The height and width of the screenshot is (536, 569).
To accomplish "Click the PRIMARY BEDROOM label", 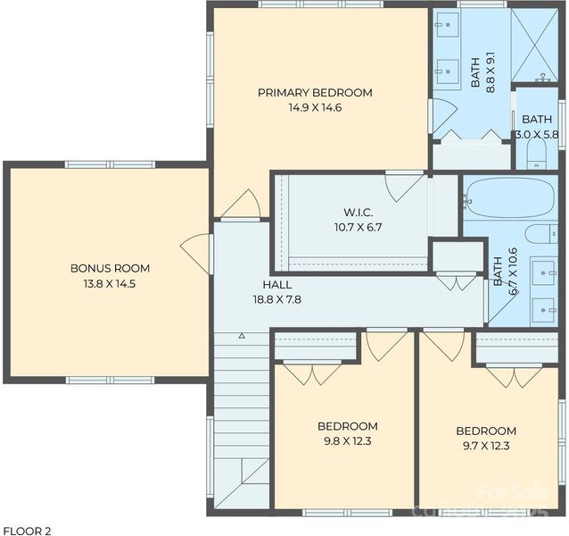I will (x=315, y=92).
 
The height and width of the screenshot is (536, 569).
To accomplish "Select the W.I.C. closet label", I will (x=358, y=212).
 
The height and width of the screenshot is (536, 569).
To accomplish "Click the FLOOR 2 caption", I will (x=27, y=530).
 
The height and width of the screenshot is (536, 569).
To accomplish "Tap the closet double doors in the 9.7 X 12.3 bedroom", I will (x=515, y=375).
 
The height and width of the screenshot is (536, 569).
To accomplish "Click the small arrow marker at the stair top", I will (x=241, y=336).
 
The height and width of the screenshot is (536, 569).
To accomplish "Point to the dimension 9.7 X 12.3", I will (x=485, y=444).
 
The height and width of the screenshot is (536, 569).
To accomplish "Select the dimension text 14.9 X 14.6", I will (x=315, y=107).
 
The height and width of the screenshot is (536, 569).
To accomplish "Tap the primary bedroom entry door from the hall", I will (x=241, y=205).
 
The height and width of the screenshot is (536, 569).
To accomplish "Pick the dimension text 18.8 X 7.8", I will (x=276, y=299).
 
